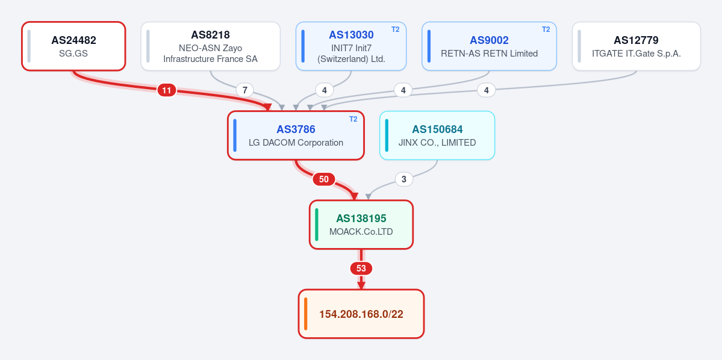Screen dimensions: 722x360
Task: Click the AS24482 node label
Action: click(73, 40)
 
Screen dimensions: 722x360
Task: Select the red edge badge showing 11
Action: click(167, 90)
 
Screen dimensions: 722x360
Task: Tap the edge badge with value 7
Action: click(245, 90)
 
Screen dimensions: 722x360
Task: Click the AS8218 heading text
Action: click(210, 34)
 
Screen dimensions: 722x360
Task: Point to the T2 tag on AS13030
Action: click(396, 29)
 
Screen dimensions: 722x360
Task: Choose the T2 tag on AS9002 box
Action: click(546, 29)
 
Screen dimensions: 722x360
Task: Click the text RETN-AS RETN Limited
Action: click(489, 54)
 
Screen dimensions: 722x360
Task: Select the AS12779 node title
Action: click(636, 40)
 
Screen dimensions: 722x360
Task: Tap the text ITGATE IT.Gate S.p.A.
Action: click(636, 54)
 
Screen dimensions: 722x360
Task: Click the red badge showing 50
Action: click(324, 179)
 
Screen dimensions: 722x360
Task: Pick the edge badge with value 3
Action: click(404, 179)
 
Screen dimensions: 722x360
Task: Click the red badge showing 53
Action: click(361, 268)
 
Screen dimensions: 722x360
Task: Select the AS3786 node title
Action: click(296, 129)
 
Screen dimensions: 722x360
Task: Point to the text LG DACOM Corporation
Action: click(296, 143)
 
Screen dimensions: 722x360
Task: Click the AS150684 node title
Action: click(437, 129)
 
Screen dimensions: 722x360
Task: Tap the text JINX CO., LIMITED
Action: click(437, 143)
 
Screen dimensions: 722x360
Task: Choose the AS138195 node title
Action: click(361, 218)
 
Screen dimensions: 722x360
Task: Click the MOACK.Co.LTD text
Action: click(361, 232)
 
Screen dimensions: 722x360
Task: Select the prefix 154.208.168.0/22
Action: click(361, 314)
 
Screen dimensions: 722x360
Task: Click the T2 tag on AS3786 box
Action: click(353, 119)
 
